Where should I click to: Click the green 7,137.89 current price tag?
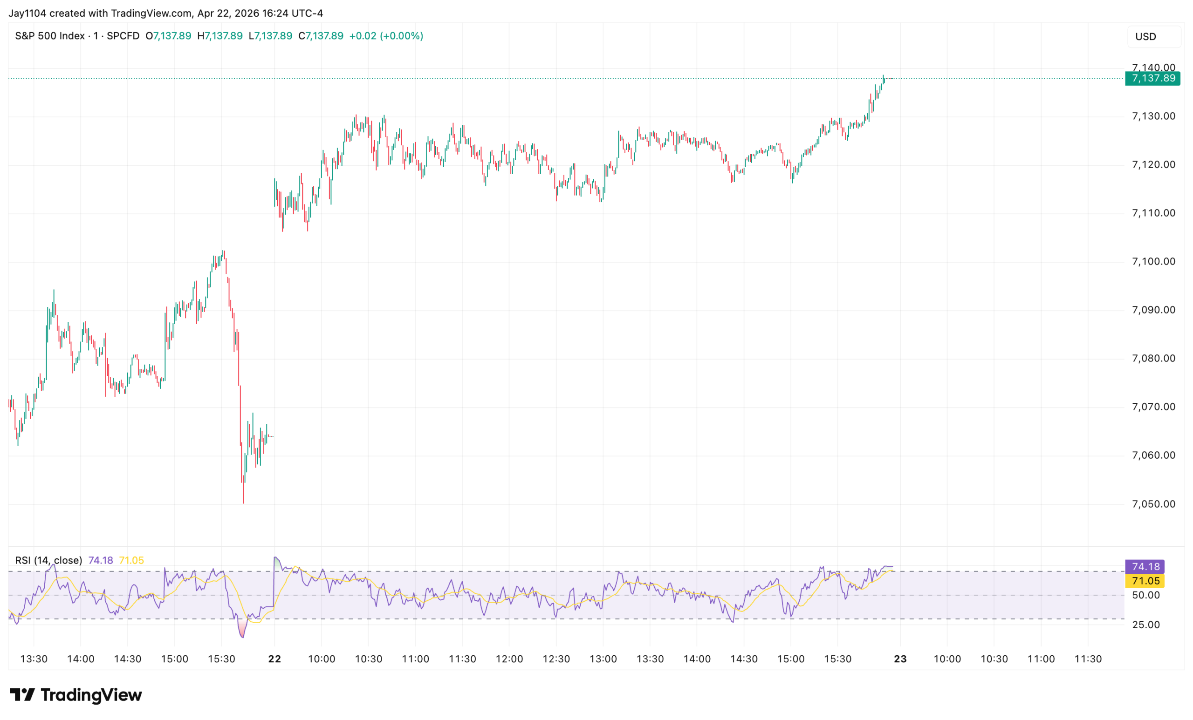point(1152,78)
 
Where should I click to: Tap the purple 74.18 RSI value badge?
point(1145,567)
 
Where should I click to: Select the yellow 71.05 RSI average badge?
point(1145,581)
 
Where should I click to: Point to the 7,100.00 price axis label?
point(1153,262)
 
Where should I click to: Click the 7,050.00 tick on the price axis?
point(1153,504)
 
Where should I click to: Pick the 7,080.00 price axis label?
point(1153,359)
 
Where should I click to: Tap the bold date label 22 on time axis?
point(274,659)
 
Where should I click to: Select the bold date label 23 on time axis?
point(900,659)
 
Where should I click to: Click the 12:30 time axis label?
point(556,659)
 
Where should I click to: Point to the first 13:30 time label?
point(34,659)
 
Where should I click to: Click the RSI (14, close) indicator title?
point(48,560)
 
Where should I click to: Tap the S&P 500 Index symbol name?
point(50,36)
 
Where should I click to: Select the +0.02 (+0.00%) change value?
point(386,36)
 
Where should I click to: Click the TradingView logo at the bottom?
point(76,695)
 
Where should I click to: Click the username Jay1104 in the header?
point(27,13)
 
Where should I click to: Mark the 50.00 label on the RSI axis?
point(1145,595)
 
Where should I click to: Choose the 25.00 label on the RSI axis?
point(1145,625)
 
